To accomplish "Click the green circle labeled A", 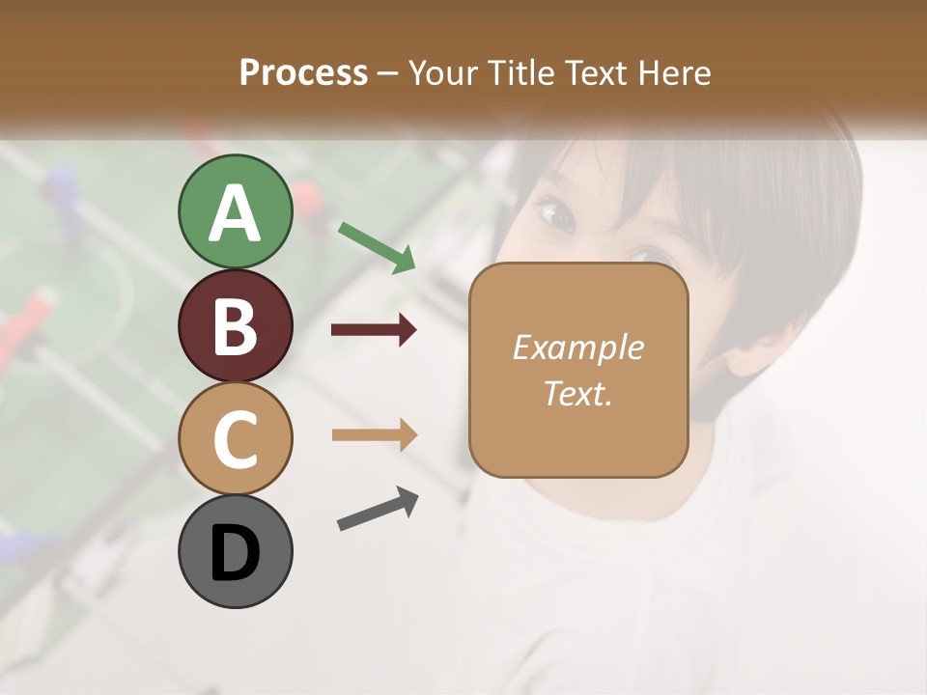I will pyautogui.click(x=235, y=211).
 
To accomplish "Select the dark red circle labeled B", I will pyautogui.click(x=235, y=325).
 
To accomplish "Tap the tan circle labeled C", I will pyautogui.click(x=235, y=438).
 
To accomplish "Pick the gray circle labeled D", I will pyautogui.click(x=235, y=552).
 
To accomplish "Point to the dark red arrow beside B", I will pyautogui.click(x=374, y=330).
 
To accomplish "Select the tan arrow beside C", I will pyautogui.click(x=374, y=434).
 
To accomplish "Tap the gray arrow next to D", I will pyautogui.click(x=378, y=510).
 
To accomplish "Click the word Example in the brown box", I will pyautogui.click(x=577, y=347).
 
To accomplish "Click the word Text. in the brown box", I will pyautogui.click(x=577, y=393).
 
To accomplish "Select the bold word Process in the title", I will pyautogui.click(x=303, y=72).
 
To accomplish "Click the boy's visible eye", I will pyautogui.click(x=557, y=214).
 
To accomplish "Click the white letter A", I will pyautogui.click(x=235, y=213).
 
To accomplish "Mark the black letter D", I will pyautogui.click(x=235, y=554).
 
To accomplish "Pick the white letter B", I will pyautogui.click(x=235, y=326).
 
